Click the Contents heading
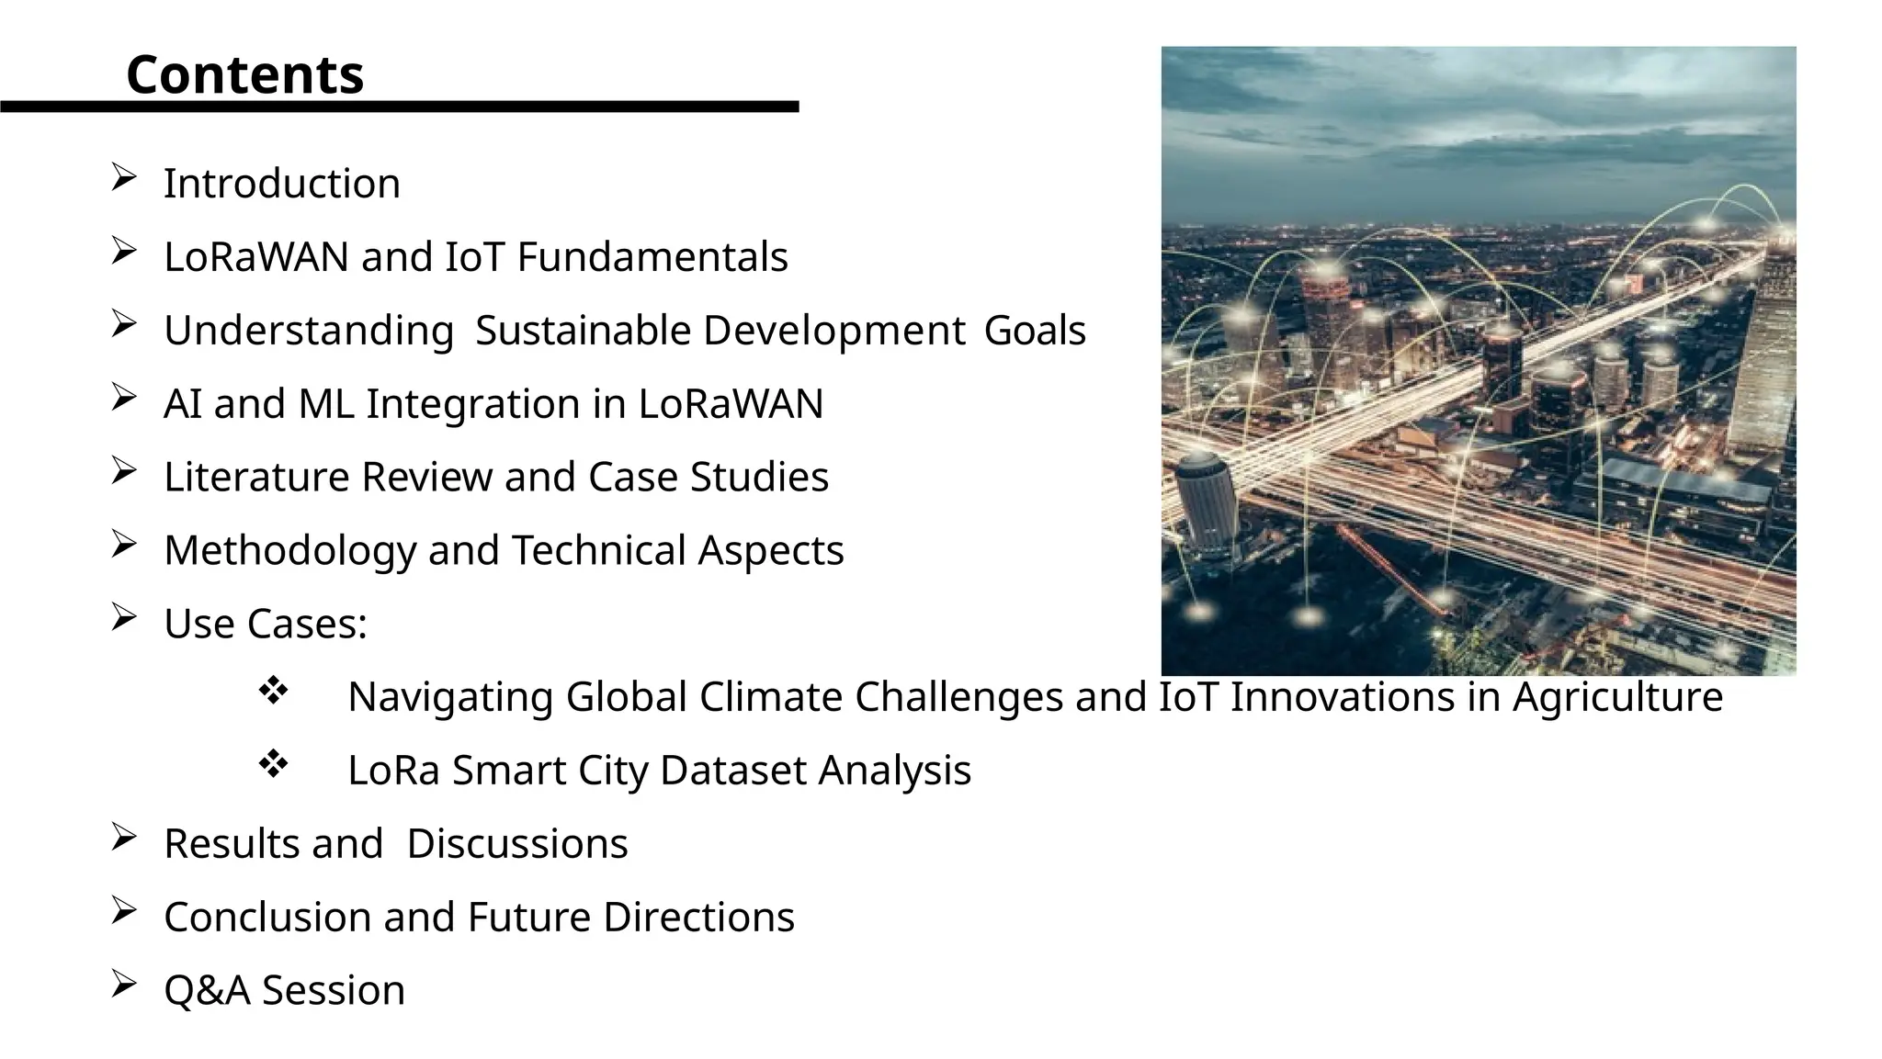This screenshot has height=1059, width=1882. [x=244, y=74]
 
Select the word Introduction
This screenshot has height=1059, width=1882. [x=281, y=184]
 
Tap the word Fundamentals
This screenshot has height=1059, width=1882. [x=652, y=257]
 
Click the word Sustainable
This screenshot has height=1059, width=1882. [x=583, y=331]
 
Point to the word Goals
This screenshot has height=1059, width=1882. [x=1035, y=331]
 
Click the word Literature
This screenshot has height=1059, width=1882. [x=256, y=478]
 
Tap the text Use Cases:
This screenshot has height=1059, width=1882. [x=265, y=625]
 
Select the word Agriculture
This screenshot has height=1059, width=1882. [x=1617, y=697]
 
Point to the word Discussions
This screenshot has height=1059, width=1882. [x=517, y=844]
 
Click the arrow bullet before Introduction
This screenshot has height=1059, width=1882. [x=123, y=176]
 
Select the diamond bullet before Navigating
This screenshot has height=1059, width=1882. [x=273, y=690]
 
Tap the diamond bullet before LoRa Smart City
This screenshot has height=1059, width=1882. [x=273, y=763]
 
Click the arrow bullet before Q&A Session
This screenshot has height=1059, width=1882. [x=123, y=984]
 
